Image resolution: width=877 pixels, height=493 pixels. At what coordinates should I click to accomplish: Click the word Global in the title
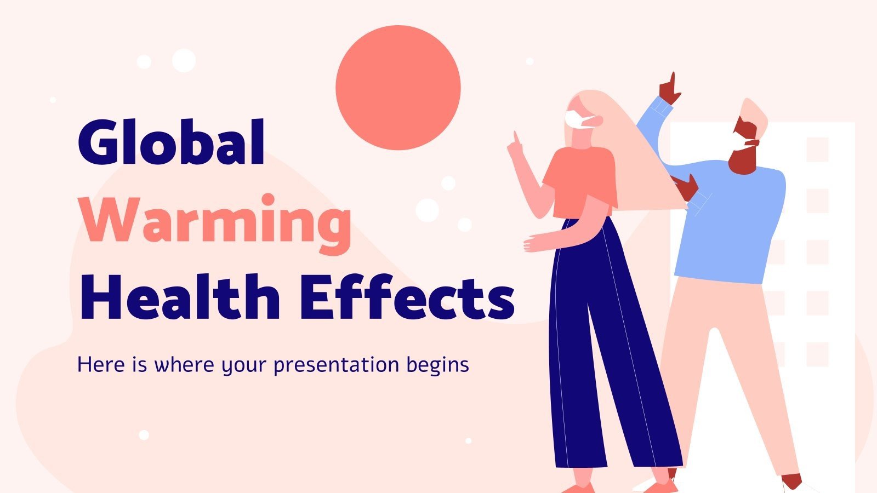(171, 141)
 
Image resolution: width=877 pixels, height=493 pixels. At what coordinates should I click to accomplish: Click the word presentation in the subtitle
(336, 364)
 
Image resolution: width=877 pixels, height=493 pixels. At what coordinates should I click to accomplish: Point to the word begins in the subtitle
(438, 364)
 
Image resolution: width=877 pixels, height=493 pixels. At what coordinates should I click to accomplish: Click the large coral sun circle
(398, 88)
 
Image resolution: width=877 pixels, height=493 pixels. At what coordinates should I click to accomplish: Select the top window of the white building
(817, 149)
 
